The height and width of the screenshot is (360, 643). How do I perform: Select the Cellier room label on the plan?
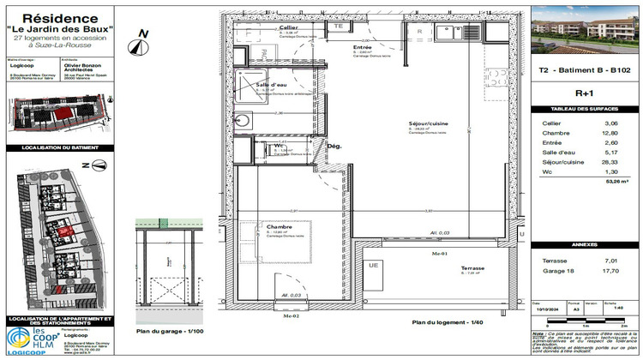(288, 28)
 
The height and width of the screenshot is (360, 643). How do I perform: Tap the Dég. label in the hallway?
(334, 146)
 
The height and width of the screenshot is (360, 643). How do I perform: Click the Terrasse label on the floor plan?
(472, 267)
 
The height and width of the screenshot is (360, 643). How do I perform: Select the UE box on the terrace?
(373, 266)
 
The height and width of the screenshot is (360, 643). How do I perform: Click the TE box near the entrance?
(338, 27)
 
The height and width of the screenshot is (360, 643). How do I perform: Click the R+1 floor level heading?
(585, 93)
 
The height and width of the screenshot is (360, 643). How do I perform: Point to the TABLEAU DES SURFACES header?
(585, 110)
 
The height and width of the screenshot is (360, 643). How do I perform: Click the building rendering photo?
(585, 34)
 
